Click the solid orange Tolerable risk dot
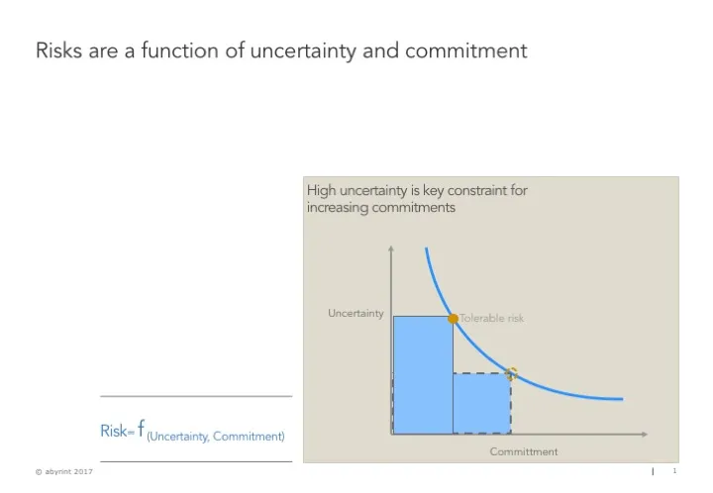[x=454, y=319]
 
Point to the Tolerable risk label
[x=492, y=319]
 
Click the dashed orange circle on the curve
[x=511, y=373]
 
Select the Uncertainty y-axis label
[x=356, y=314]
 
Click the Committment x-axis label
[x=524, y=451]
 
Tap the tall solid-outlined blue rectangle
[x=423, y=374]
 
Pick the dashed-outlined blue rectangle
[x=482, y=403]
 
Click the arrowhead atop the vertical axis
[x=392, y=248]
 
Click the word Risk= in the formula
[x=117, y=431]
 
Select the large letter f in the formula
[x=142, y=428]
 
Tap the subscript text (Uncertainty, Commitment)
[x=216, y=437]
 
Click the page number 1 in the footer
[x=673, y=471]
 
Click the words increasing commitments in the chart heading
[x=381, y=208]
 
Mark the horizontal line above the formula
[x=196, y=397]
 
